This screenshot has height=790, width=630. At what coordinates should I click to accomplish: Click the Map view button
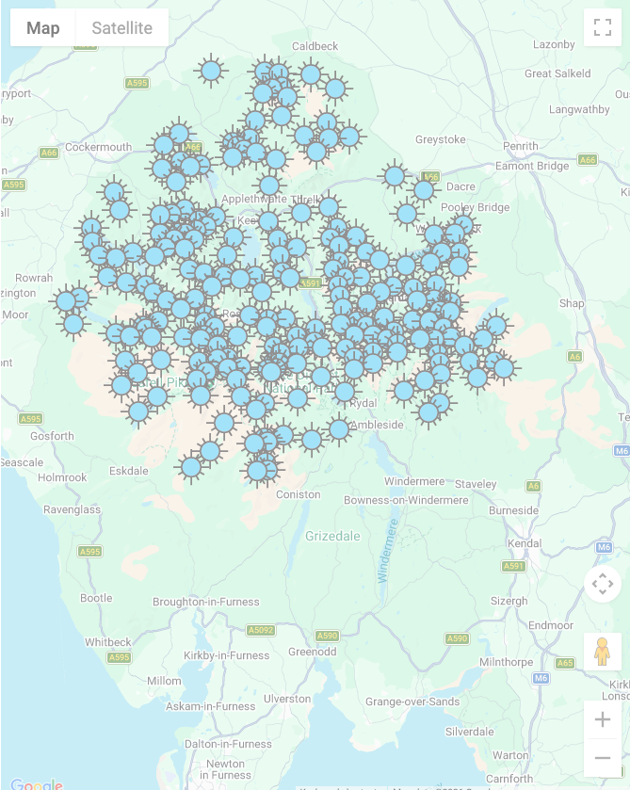43,28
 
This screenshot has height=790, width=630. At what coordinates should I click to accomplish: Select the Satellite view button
121,28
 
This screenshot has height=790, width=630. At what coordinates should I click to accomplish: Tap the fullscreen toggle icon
602,27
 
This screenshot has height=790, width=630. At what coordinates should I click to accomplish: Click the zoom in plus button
602,720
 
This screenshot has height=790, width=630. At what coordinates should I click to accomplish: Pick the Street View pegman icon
602,651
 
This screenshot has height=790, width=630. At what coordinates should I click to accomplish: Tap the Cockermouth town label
99,147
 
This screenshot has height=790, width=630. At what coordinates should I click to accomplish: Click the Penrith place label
521,146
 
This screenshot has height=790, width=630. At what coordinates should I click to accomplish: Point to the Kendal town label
525,544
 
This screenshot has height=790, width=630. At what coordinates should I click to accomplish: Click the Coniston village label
298,495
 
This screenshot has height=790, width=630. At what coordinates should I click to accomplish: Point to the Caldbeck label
315,46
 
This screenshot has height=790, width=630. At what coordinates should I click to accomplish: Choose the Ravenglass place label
72,509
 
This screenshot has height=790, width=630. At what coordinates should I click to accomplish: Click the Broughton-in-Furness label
205,602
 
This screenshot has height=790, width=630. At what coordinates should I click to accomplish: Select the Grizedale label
332,537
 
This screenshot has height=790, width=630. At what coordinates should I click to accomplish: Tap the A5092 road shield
261,630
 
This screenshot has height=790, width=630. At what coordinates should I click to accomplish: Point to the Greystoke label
441,139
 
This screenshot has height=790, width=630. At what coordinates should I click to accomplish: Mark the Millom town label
164,681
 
